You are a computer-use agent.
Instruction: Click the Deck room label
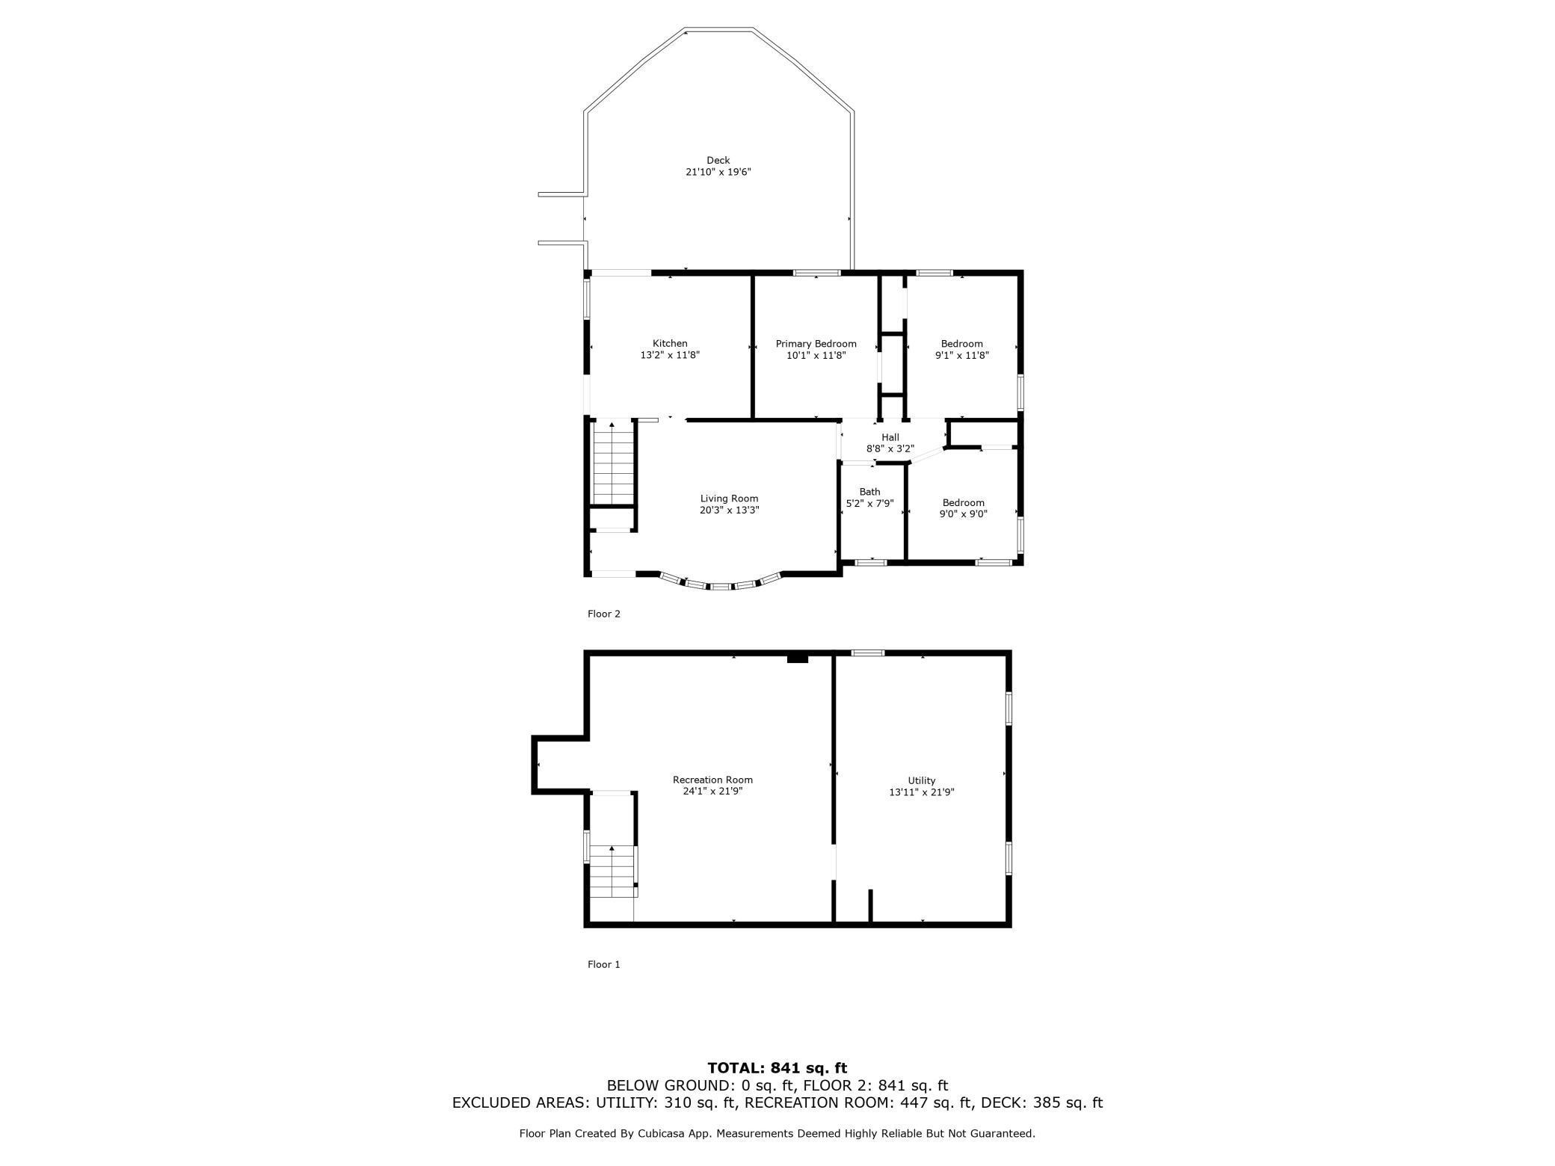pyautogui.click(x=718, y=160)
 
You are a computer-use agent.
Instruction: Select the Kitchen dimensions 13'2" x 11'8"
pyautogui.click(x=670, y=356)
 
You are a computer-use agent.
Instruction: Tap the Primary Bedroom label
pyautogui.click(x=816, y=344)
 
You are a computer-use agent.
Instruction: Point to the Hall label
pyautogui.click(x=890, y=437)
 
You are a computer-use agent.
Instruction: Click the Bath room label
pyautogui.click(x=869, y=492)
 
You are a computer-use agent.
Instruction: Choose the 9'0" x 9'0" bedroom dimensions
pyautogui.click(x=963, y=514)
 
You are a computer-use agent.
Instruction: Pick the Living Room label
pyautogui.click(x=729, y=499)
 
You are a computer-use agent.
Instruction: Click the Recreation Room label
pyautogui.click(x=712, y=780)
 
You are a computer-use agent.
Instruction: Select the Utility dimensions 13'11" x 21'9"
pyautogui.click(x=921, y=792)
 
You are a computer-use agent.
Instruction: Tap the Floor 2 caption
pyautogui.click(x=603, y=614)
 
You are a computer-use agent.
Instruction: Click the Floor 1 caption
pyautogui.click(x=603, y=964)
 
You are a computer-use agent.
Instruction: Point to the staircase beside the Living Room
pyautogui.click(x=613, y=463)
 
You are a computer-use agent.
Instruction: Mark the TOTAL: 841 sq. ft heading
pyautogui.click(x=777, y=1068)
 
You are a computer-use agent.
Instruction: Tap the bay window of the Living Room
pyautogui.click(x=720, y=586)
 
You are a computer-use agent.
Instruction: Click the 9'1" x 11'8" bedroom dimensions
pyautogui.click(x=961, y=356)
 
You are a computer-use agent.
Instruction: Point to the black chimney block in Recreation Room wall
pyautogui.click(x=798, y=658)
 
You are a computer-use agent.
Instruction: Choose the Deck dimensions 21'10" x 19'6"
pyautogui.click(x=718, y=172)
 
